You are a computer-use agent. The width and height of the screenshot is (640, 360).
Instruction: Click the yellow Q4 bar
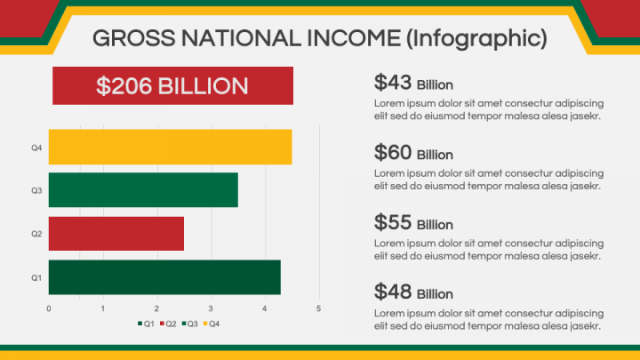click(x=170, y=147)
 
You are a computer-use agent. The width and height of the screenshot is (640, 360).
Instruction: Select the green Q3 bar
click(x=143, y=190)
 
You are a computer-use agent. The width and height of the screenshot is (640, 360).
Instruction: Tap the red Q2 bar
click(x=116, y=234)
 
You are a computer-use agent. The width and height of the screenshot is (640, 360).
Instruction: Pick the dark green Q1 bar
click(x=164, y=277)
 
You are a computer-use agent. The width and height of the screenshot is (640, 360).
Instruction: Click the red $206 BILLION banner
click(x=172, y=85)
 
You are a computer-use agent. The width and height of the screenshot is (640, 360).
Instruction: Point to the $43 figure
click(x=393, y=83)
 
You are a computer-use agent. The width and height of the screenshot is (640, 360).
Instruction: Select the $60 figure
click(x=393, y=152)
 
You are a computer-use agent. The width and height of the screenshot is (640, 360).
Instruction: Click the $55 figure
click(x=393, y=222)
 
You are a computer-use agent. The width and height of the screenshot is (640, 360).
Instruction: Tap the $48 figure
click(x=393, y=292)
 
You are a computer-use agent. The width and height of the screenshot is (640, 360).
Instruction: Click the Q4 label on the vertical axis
click(x=36, y=148)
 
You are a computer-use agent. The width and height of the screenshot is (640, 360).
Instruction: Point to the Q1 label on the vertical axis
click(x=36, y=277)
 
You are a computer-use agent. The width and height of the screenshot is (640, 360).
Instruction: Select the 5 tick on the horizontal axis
click(x=319, y=308)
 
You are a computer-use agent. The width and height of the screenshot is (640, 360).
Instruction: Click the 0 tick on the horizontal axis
click(x=49, y=308)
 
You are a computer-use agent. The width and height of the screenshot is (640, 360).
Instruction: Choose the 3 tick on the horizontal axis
click(x=211, y=308)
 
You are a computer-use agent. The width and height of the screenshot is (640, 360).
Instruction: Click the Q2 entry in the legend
click(x=168, y=324)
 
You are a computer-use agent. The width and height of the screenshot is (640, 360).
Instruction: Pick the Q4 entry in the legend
click(x=212, y=324)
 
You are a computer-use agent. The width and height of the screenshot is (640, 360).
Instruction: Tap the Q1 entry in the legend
click(x=146, y=324)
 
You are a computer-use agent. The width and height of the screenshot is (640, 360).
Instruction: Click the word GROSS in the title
click(x=134, y=38)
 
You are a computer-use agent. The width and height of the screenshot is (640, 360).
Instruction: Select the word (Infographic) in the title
click(x=476, y=39)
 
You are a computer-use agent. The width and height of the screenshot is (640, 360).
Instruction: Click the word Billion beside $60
click(x=435, y=155)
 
